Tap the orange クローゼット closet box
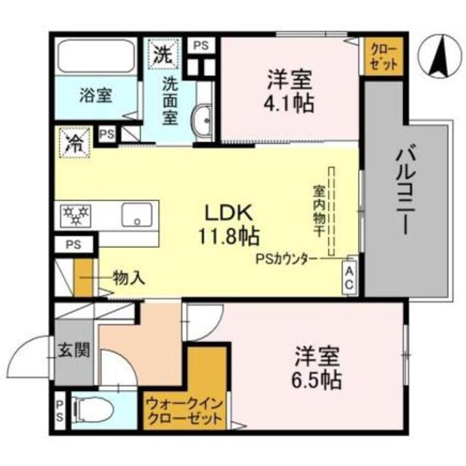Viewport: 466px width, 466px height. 384,56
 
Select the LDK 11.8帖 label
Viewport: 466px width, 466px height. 226,225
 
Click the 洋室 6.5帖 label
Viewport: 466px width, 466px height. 318,368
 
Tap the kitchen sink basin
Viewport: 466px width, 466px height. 135,213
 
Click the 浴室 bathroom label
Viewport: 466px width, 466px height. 96,94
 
